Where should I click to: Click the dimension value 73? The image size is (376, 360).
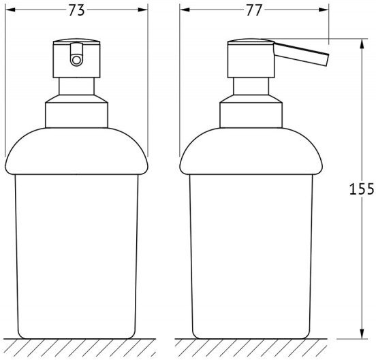76,10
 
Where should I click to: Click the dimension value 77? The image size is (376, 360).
254,10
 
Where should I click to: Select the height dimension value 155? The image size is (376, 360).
362,189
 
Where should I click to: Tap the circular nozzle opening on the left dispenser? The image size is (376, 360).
76,60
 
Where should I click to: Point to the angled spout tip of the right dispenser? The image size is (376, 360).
326,60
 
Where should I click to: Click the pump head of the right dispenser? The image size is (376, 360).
251,58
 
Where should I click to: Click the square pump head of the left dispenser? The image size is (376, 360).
76,58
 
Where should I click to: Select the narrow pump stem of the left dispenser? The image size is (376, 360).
76,86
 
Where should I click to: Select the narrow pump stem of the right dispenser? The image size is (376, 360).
251,86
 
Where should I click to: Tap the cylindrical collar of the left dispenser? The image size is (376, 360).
76,112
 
